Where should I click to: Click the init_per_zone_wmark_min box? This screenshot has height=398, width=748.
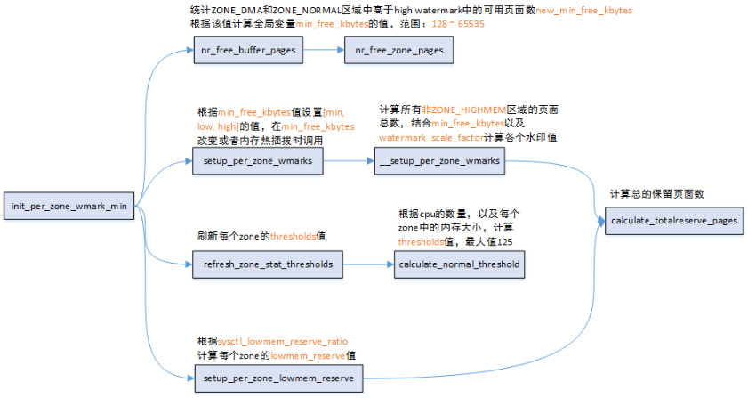click(x=68, y=207)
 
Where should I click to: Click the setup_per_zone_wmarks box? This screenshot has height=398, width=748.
click(x=257, y=161)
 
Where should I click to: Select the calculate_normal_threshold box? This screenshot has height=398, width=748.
click(x=459, y=264)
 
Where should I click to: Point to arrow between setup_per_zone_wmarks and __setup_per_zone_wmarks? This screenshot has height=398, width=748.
click(x=350, y=161)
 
